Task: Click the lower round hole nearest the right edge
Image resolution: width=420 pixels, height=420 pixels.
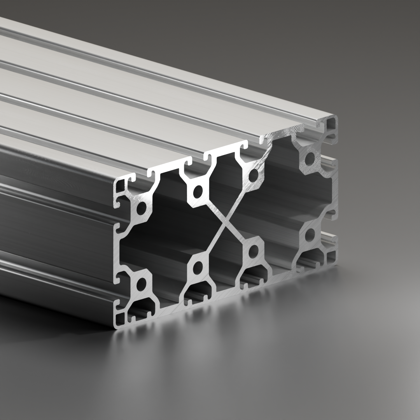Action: (x=310, y=234)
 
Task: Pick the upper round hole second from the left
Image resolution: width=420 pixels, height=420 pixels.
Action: (x=198, y=191)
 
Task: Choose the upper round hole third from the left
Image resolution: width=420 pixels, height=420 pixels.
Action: (x=253, y=175)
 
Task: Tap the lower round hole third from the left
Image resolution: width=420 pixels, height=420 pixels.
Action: (x=253, y=251)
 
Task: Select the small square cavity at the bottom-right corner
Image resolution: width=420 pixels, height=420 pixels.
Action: (x=331, y=257)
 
